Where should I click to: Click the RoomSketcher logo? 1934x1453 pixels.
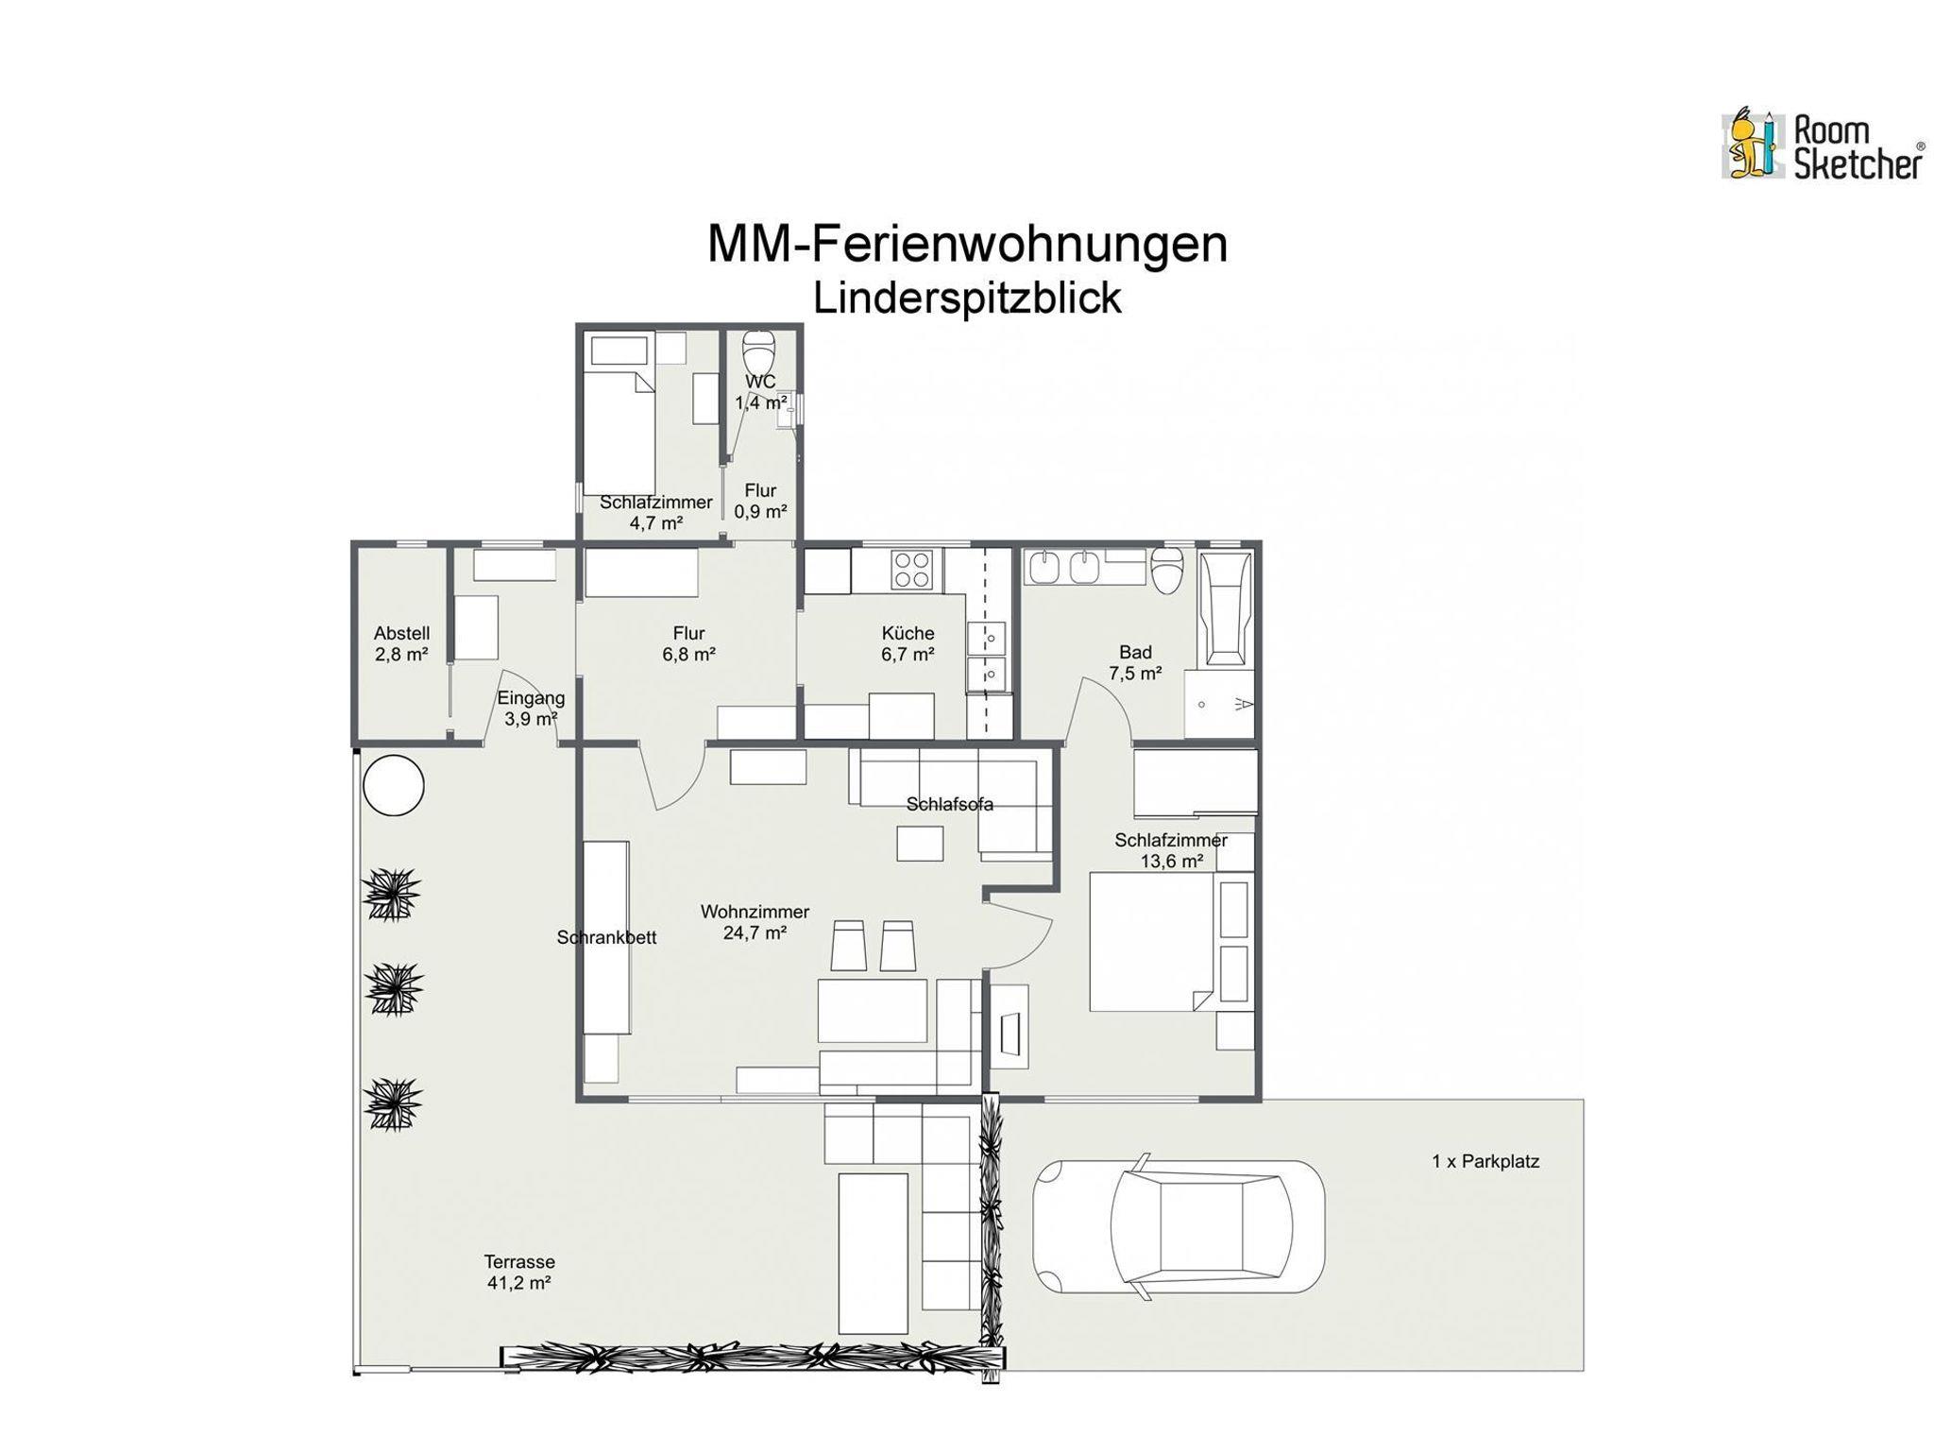1823,145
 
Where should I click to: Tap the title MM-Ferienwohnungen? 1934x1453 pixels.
967,244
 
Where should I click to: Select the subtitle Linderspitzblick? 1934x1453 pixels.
967,298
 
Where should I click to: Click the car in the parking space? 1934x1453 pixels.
1179,1226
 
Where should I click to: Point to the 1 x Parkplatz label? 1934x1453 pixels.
1485,1161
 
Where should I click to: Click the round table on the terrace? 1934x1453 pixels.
394,785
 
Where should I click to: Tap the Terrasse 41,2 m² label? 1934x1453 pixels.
519,1272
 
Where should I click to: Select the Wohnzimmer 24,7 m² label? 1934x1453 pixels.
755,922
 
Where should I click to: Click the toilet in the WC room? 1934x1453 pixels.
759,353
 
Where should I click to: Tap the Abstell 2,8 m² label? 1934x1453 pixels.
401,643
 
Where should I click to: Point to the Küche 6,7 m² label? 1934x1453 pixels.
908,643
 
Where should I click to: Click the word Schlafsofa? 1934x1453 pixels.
949,804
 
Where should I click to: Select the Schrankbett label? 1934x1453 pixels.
606,937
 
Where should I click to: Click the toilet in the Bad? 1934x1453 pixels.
1167,570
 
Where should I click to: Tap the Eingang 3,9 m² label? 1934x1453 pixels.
531,709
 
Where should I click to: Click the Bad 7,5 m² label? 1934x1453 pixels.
1135,662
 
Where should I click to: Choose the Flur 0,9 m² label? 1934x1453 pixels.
760,501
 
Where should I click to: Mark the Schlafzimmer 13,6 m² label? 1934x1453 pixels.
1171,850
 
